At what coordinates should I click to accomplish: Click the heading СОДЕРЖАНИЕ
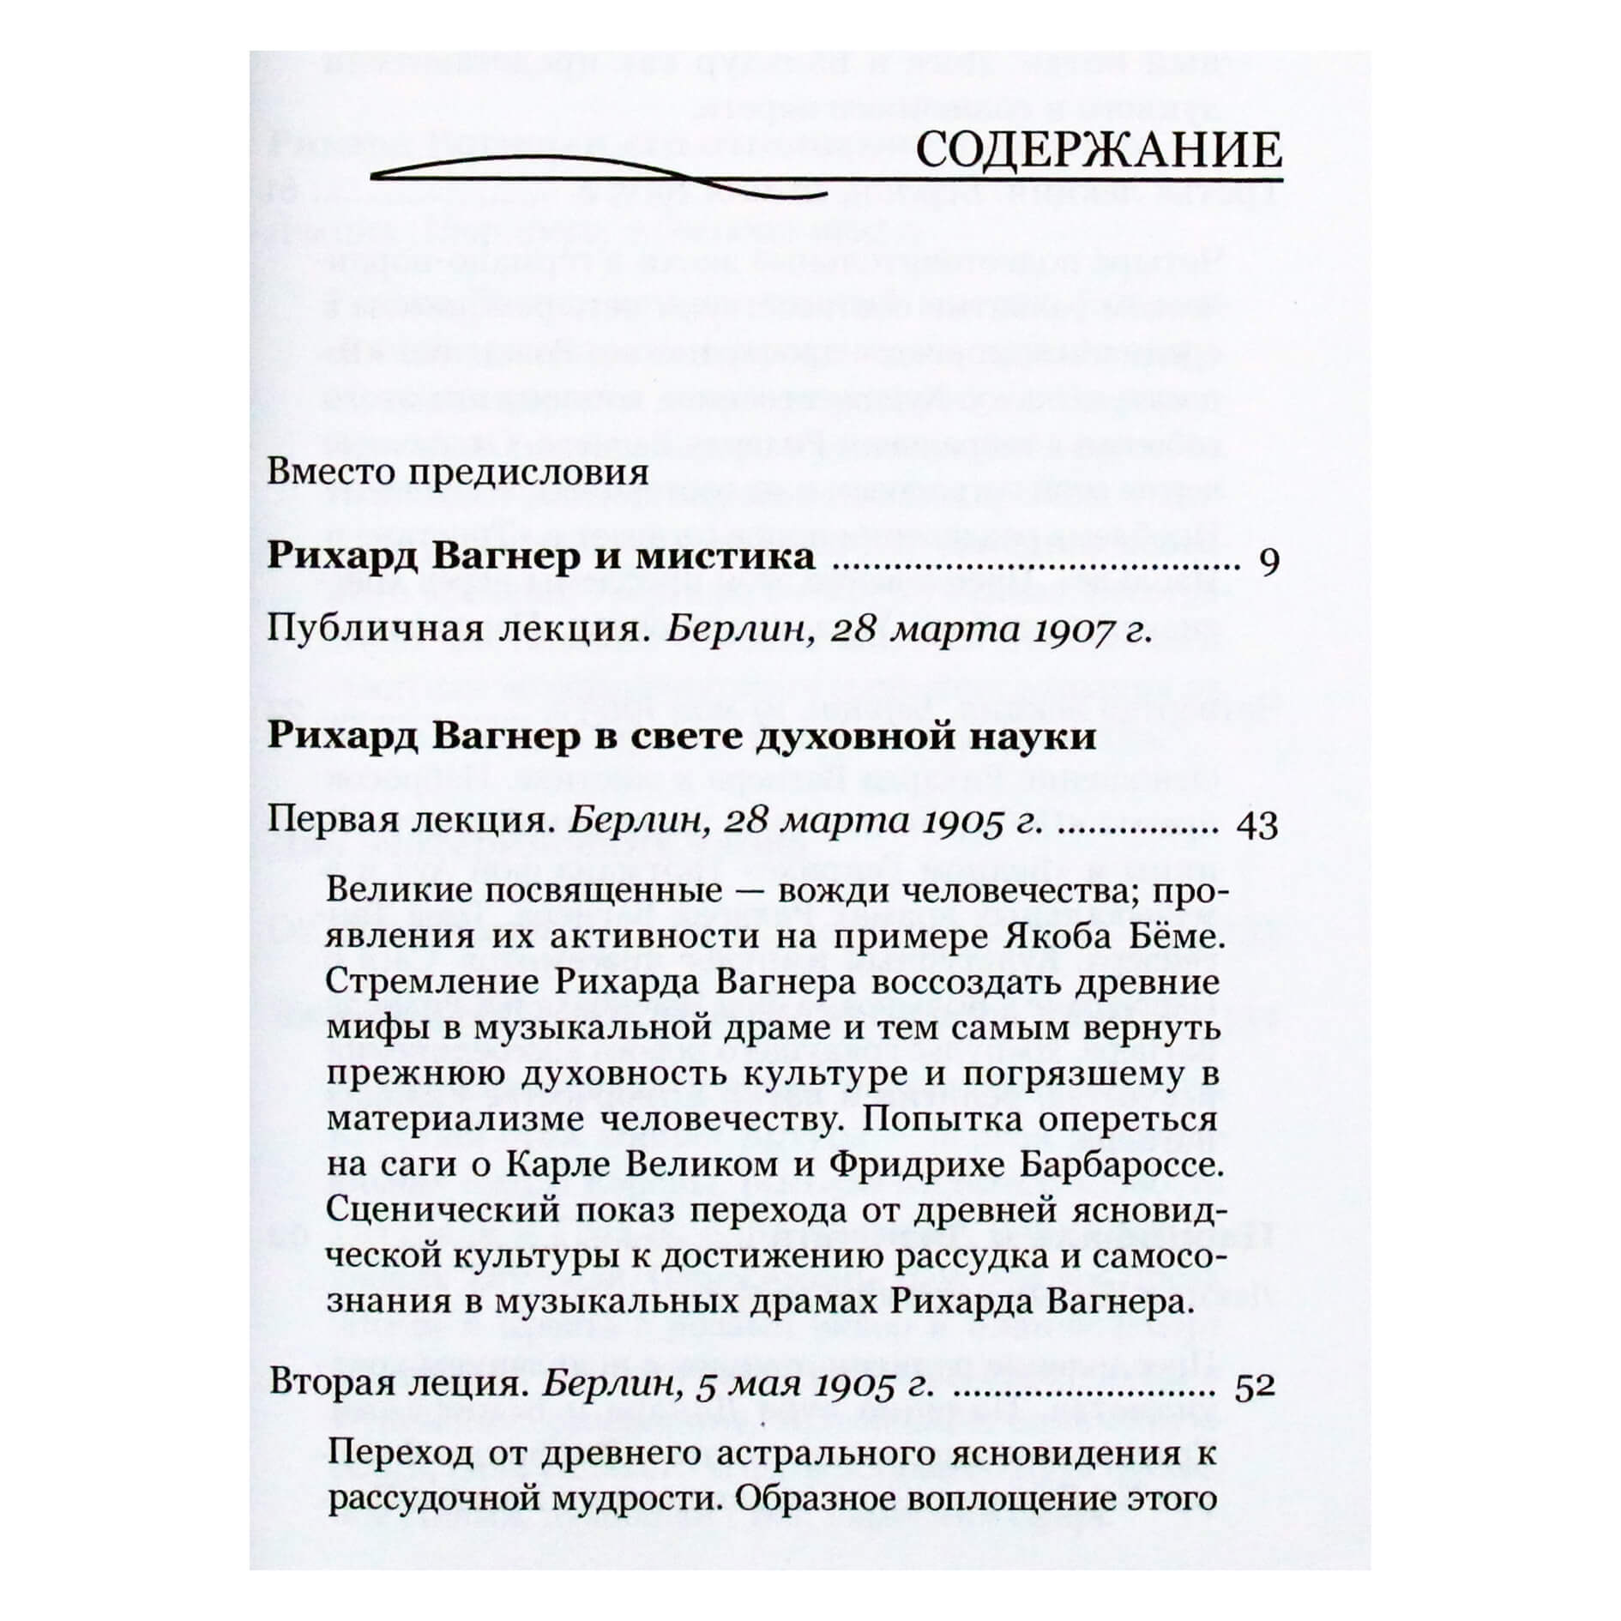coord(1099,152)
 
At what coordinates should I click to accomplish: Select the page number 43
coord(1256,826)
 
